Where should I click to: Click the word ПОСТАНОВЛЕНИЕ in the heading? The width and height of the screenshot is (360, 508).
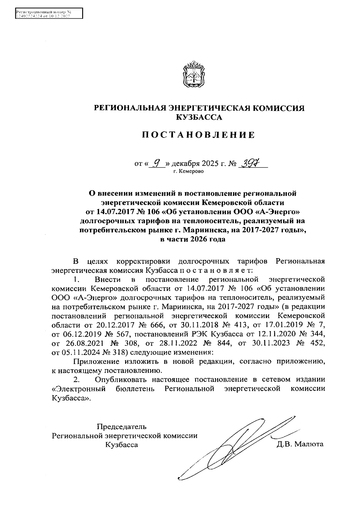[x=198, y=135]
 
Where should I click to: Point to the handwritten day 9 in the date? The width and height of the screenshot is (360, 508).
[x=156, y=163]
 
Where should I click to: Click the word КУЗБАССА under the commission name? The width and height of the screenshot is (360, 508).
[x=199, y=118]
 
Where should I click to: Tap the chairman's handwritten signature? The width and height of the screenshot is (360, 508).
[x=237, y=447]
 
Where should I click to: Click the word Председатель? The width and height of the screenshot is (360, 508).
[x=122, y=426]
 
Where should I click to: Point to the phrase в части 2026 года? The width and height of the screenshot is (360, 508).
[x=192, y=239]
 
